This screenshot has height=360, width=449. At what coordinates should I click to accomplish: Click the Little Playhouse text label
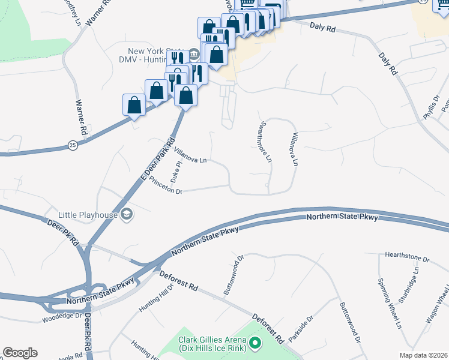coord(88,214)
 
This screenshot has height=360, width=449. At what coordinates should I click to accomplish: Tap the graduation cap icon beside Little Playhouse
coord(127,214)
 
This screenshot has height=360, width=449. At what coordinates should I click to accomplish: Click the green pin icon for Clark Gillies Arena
coord(256,344)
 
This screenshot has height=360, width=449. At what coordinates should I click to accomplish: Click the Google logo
coord(20,353)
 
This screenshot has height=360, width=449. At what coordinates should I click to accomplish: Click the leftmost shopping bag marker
coord(134,105)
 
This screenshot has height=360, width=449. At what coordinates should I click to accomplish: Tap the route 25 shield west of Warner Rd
coord(73,145)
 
